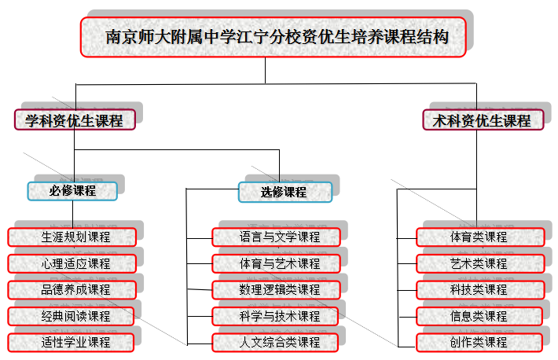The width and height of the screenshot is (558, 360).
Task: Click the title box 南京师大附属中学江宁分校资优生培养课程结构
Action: pyautogui.click(x=273, y=37)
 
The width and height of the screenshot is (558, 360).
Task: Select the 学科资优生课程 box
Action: pyautogui.click(x=75, y=120)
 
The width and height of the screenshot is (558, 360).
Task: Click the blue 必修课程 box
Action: pyautogui.click(x=72, y=190)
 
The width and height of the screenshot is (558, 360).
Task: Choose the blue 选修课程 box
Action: pyautogui.click(x=285, y=192)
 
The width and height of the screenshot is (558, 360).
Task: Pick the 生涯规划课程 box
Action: pyautogui.click(x=72, y=237)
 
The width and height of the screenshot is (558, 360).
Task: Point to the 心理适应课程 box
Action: pyautogui.click(x=72, y=263)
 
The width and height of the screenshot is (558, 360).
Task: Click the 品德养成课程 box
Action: pyautogui.click(x=72, y=289)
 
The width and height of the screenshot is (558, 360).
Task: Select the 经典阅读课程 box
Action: pyautogui.click(x=72, y=316)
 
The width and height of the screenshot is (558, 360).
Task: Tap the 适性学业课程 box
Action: pyautogui.click(x=72, y=342)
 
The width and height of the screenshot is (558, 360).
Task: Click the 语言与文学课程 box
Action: pyautogui.click(x=276, y=237)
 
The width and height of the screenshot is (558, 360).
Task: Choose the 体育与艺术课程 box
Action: pyautogui.click(x=276, y=263)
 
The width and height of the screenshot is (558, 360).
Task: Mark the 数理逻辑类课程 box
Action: pyautogui.click(x=276, y=289)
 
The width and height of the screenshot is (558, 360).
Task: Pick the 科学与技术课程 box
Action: pyautogui.click(x=276, y=316)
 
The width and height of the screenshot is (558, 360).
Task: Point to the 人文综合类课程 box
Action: pyautogui.click(x=276, y=342)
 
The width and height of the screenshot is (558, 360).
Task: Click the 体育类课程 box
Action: pyautogui.click(x=479, y=237)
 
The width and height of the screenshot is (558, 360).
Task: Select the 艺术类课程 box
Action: pyautogui.click(x=479, y=263)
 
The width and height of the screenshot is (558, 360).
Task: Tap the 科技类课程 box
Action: pyautogui.click(x=479, y=289)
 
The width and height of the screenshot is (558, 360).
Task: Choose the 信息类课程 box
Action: pyautogui.click(x=479, y=316)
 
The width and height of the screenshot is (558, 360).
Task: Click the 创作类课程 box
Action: pyautogui.click(x=479, y=342)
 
